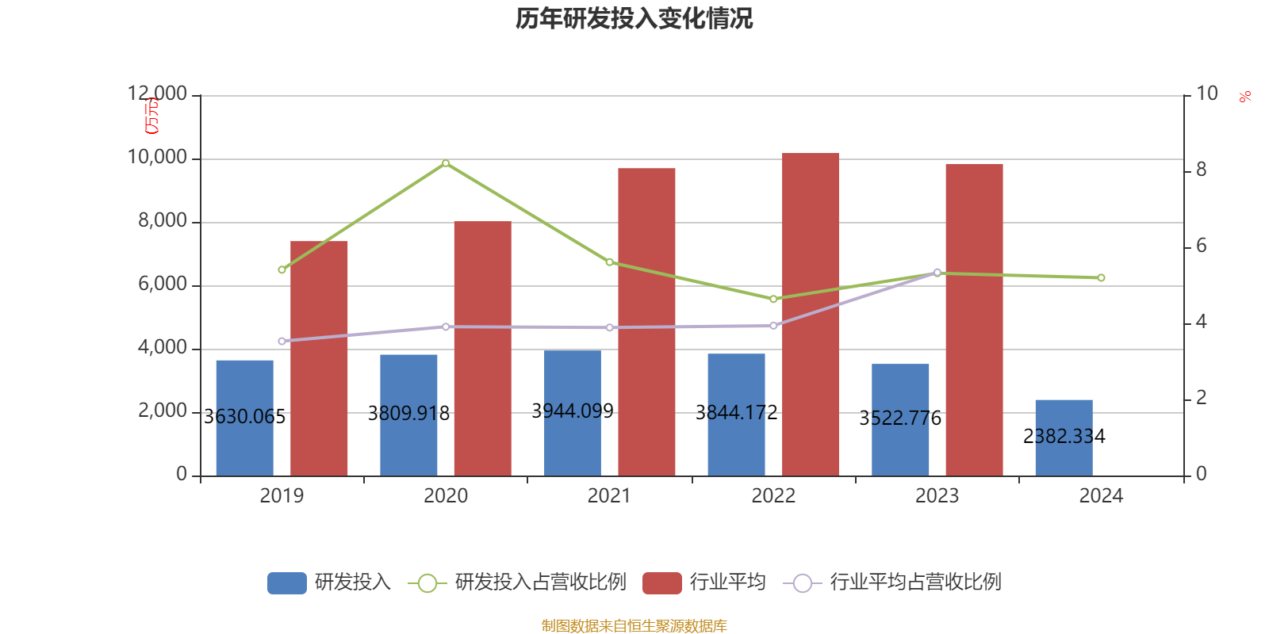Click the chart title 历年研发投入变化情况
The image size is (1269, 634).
coord(634,18)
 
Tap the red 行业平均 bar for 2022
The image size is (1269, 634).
coord(810,314)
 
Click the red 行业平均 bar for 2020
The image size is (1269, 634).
coord(482,349)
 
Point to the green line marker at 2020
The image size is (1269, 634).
coord(446,163)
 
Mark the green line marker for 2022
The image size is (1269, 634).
coord(773,299)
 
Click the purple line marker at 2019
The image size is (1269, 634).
coord(282,341)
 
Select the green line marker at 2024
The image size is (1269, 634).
coord(1101,277)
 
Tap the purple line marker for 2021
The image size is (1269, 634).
coord(609,327)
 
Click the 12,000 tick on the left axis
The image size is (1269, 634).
coord(157,94)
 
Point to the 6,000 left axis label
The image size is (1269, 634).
coord(163,284)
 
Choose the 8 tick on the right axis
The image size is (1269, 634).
coord(1201,170)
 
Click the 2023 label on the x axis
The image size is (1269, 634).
coord(937,496)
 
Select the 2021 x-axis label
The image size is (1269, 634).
coord(609,496)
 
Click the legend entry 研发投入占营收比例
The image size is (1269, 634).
coord(539,582)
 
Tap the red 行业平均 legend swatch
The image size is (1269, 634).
coord(661,583)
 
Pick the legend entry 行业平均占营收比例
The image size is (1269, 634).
coord(914,582)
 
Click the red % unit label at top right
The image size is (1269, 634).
coord(1245,97)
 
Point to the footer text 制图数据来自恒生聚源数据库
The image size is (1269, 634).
coord(634,626)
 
